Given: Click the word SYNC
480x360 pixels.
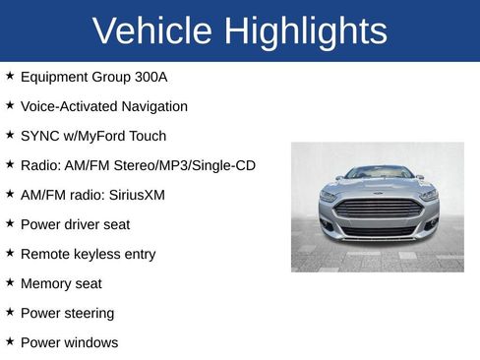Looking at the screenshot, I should [x=39, y=136].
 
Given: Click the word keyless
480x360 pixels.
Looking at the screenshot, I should [x=97, y=254].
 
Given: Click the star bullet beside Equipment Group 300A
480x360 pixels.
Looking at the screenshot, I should [x=10, y=76].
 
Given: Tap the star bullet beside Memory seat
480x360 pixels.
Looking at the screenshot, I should [x=10, y=282].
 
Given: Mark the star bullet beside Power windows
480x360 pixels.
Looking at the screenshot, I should [x=10, y=341].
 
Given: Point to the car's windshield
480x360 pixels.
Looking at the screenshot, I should [x=379, y=173].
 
